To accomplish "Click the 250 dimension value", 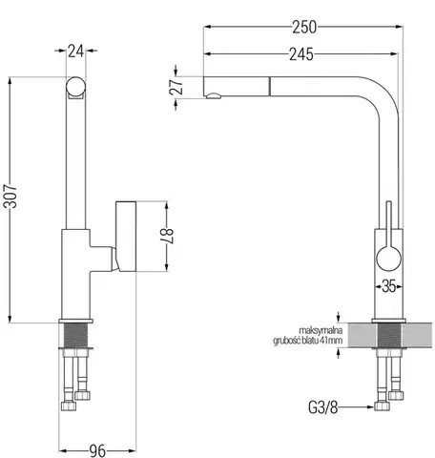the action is tap(304, 27).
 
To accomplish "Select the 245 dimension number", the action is tap(301, 54).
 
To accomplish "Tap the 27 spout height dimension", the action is tap(176, 87).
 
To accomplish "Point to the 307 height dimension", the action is tap(10, 196).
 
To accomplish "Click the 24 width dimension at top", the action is tap(75, 51).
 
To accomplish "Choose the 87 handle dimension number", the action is tap(167, 236).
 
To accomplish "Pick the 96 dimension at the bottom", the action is tap(97, 450).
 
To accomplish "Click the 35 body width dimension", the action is tap(388, 286).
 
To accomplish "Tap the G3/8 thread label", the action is tap(322, 406).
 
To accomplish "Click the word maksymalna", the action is tap(321, 330).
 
